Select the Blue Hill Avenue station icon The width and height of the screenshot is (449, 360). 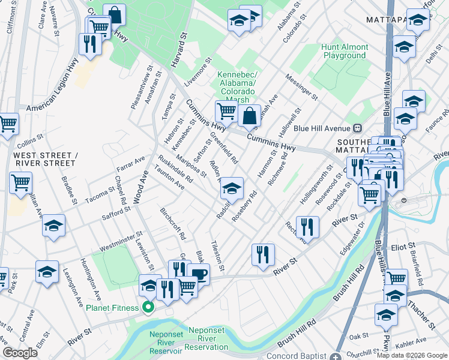358,128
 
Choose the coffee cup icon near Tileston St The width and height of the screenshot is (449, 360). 198,275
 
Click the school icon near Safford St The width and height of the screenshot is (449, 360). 53,226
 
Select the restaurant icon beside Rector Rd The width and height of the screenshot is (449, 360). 307,226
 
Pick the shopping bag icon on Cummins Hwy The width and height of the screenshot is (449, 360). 249,115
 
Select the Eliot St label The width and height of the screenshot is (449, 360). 403,246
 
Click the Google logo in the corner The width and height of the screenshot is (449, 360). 20,353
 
